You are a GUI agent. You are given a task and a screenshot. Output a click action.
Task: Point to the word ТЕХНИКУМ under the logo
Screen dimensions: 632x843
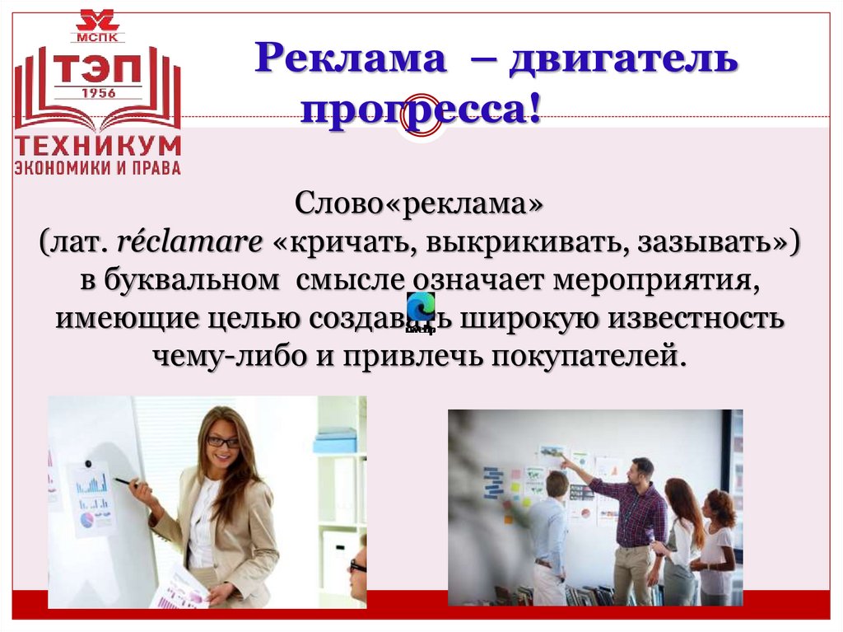pyautogui.click(x=98, y=147)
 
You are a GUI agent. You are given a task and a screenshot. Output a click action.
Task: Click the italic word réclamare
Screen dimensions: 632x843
pyautogui.click(x=189, y=242)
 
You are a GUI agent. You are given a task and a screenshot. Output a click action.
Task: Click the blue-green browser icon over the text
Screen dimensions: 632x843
pyautogui.click(x=420, y=308)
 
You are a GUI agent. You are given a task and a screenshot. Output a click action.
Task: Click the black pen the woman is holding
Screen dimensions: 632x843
pyautogui.click(x=123, y=480)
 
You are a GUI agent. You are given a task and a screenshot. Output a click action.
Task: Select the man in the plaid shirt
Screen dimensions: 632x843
pyautogui.click(x=631, y=527)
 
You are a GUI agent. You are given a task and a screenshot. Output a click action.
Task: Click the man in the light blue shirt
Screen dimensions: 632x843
pyautogui.click(x=549, y=536)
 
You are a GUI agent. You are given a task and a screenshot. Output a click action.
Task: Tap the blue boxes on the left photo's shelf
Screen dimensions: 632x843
pyautogui.click(x=335, y=440)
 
